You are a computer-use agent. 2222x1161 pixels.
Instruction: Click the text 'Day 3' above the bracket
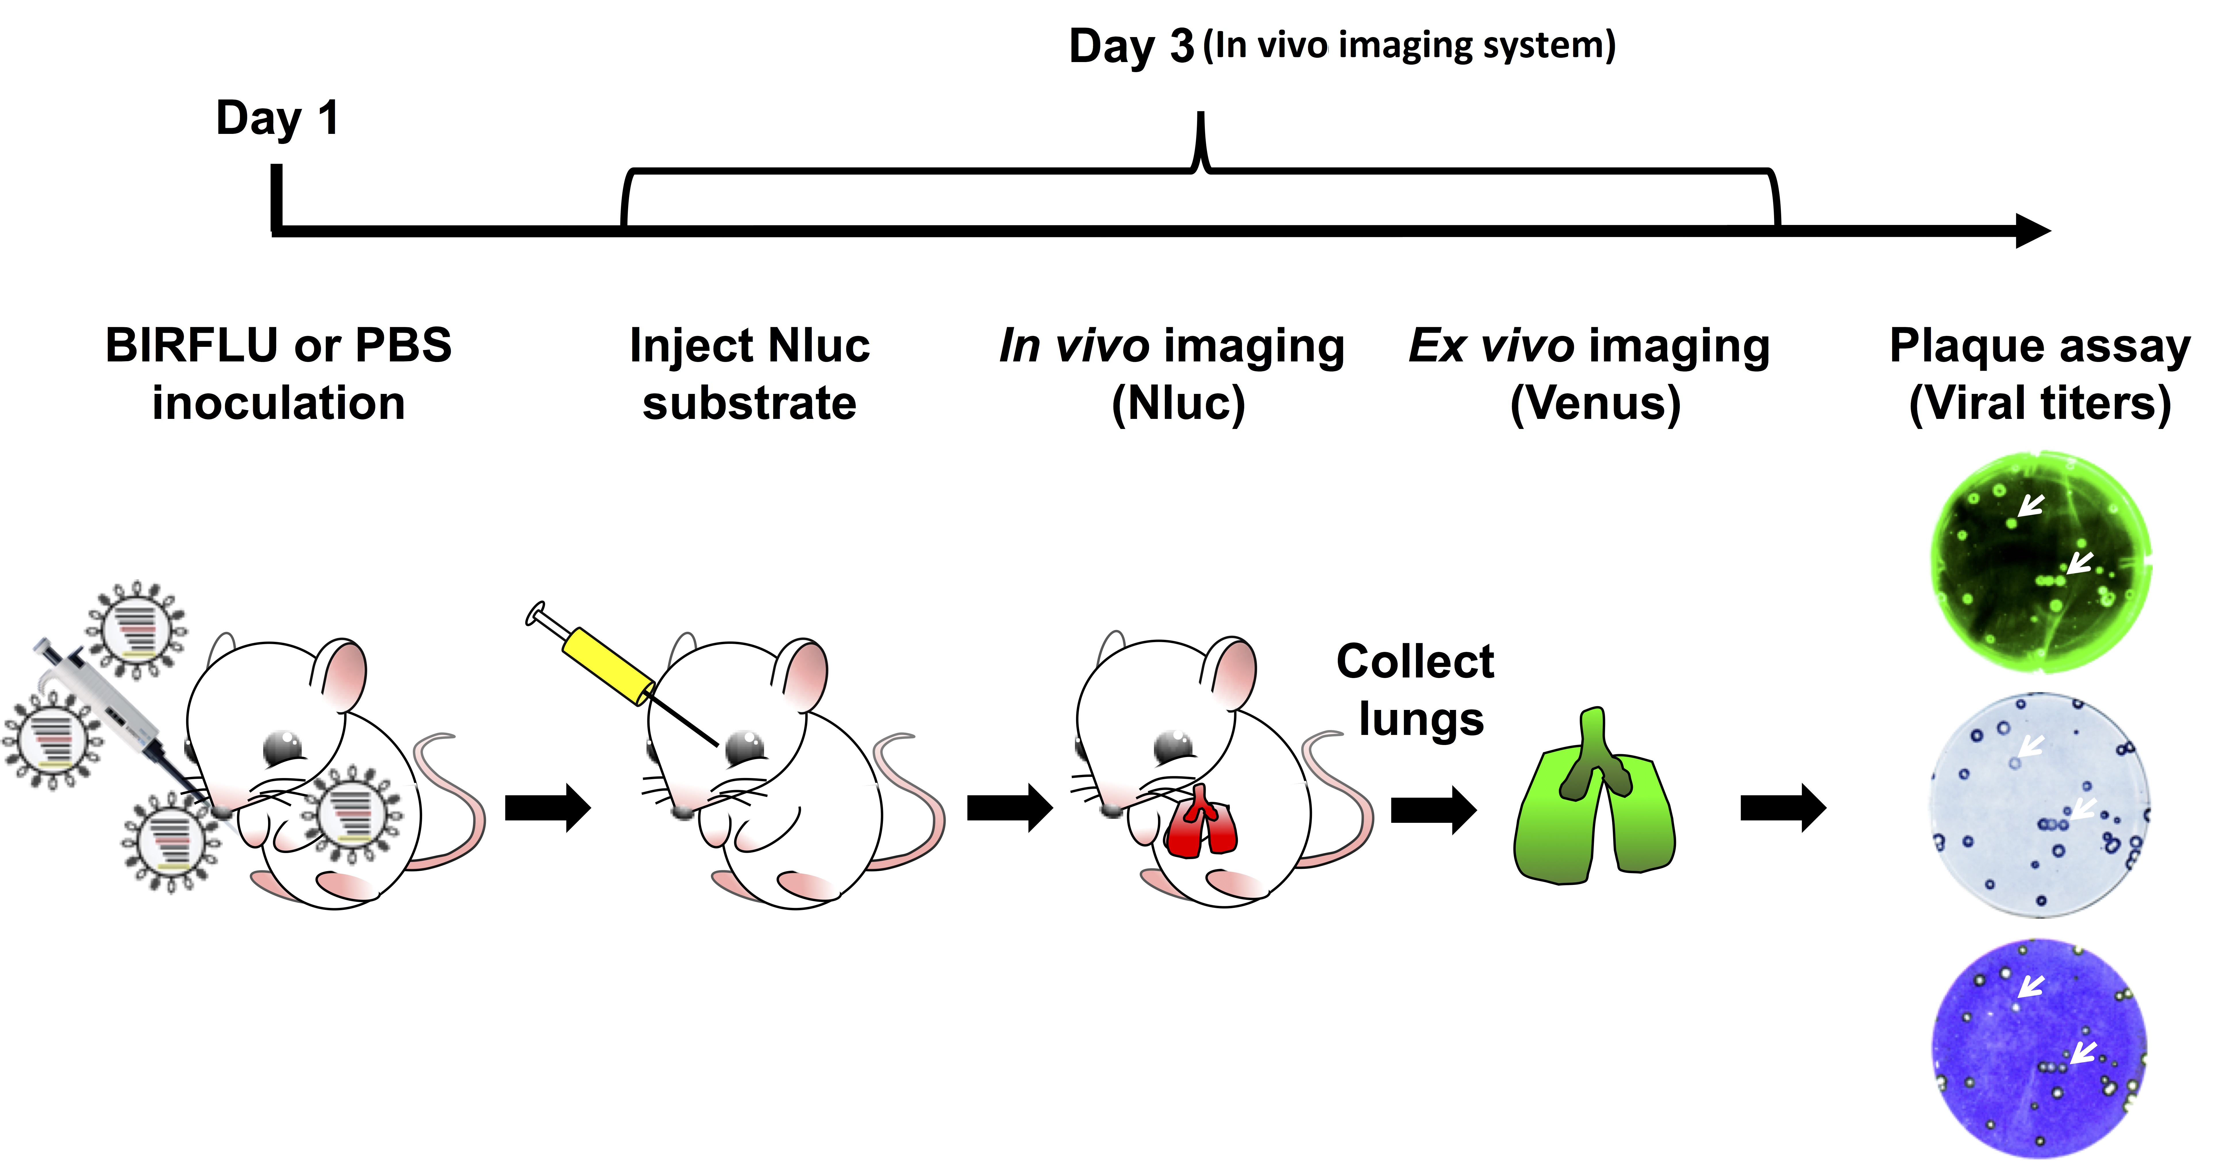click(1131, 47)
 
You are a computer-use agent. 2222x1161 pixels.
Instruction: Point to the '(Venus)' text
click(1595, 403)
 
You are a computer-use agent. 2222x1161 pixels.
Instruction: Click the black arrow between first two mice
click(548, 808)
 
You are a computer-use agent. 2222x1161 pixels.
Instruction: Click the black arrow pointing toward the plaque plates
click(1782, 808)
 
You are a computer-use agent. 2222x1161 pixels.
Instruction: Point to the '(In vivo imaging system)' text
click(1409, 45)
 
